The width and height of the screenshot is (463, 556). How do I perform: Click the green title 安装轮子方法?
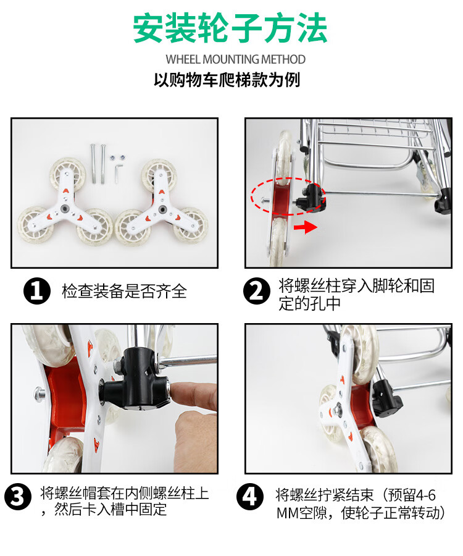(230, 28)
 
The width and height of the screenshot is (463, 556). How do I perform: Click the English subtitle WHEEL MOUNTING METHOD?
(235, 59)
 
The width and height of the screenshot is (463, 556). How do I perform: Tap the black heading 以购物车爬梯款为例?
(227, 80)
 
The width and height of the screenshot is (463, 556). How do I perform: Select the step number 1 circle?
(37, 291)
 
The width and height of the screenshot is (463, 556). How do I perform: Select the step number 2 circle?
(257, 291)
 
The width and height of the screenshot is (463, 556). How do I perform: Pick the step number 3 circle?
(18, 497)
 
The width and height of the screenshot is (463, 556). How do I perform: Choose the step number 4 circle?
(250, 497)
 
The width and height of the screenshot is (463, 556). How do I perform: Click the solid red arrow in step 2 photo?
(306, 227)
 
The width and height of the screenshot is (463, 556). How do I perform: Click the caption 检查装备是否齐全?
(124, 291)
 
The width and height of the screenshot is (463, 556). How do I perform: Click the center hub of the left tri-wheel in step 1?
(65, 208)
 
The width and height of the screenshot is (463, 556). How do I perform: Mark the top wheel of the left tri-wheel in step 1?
(67, 173)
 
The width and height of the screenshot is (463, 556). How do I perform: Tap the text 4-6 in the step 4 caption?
(426, 495)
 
